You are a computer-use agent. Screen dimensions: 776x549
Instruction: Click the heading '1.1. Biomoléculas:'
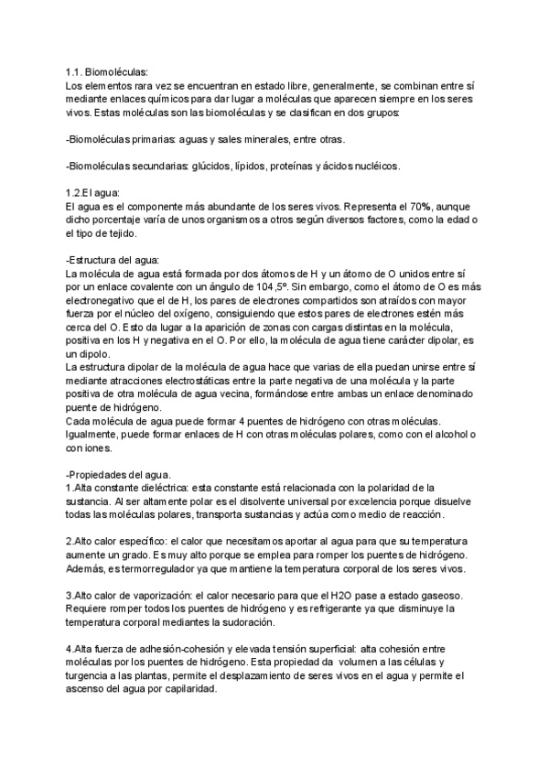pos(107,71)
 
